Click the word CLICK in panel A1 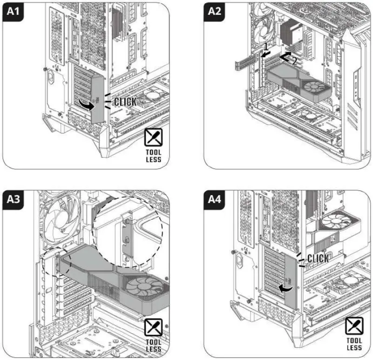[x=125, y=102]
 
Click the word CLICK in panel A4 [x=318, y=258]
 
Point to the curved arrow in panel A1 [x=86, y=106]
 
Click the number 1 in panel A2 [x=265, y=47]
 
